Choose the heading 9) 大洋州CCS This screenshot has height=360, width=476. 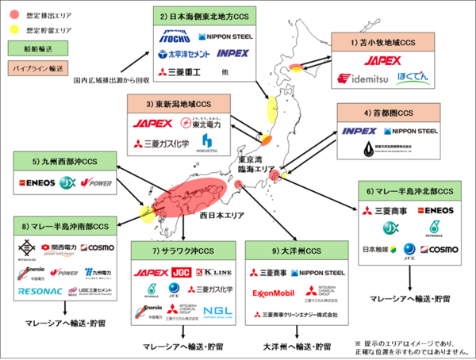(x=293, y=251)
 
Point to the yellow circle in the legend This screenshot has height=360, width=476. (x=14, y=30)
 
